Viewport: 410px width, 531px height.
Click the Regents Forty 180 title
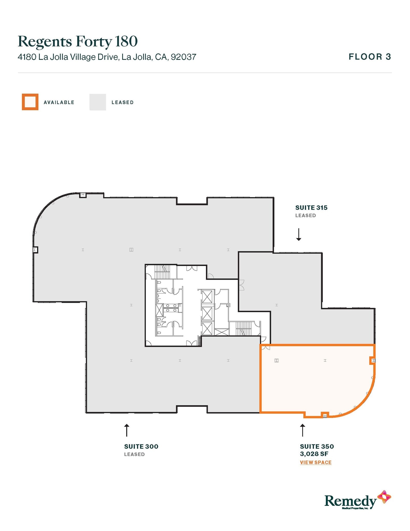coord(78,41)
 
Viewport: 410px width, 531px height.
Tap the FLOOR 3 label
coord(370,57)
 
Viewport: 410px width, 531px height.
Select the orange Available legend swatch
coord(30,102)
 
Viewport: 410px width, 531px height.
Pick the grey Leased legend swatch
coord(98,102)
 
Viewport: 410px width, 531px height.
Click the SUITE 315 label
coord(311,208)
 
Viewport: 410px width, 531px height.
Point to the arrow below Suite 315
coord(299,234)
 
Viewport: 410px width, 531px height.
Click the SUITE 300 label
coord(141,446)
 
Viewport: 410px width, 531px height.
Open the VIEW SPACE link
coord(316,462)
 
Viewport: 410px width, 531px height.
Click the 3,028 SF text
coord(314,454)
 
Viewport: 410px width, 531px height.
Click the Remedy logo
coord(357,500)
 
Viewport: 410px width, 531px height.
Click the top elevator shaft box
coord(207,297)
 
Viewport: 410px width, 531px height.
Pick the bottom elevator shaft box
coord(207,329)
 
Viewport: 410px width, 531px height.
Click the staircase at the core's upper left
coord(162,271)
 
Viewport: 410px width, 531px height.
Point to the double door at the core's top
coord(192,268)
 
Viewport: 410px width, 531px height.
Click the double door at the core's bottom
coord(192,343)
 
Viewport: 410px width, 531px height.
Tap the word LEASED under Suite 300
coord(134,454)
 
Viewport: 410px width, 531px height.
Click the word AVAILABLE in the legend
coord(59,102)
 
